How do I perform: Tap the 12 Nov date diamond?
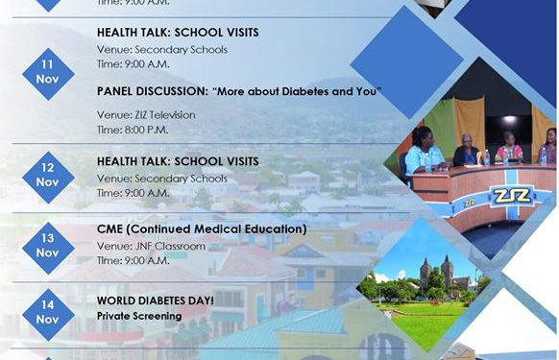48,176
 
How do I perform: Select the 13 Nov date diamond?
48,247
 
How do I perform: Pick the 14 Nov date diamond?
48,312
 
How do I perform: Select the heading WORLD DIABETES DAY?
156,300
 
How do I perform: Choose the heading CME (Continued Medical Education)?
202,229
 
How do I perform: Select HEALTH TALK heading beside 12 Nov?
178,164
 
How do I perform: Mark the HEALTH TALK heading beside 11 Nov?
178,33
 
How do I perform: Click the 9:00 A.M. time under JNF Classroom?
133,259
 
